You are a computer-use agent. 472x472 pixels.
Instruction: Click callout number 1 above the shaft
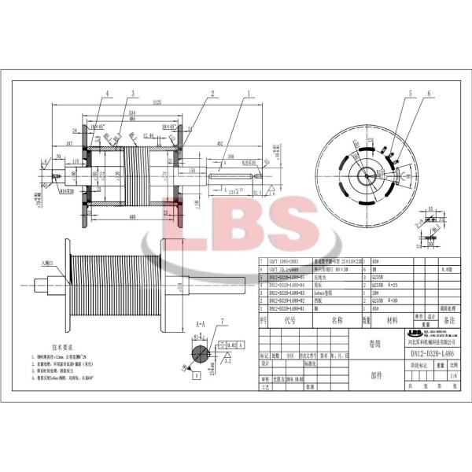(248, 92)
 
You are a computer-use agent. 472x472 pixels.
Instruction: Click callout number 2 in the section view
(212, 92)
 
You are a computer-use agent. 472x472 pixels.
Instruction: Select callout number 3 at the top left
(133, 93)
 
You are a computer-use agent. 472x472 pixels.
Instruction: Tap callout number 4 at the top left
(105, 93)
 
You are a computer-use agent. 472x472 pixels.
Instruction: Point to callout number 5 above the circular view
(409, 94)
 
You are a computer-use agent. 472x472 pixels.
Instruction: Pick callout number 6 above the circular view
(429, 94)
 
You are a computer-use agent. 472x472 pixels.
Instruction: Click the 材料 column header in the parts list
(391, 320)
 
